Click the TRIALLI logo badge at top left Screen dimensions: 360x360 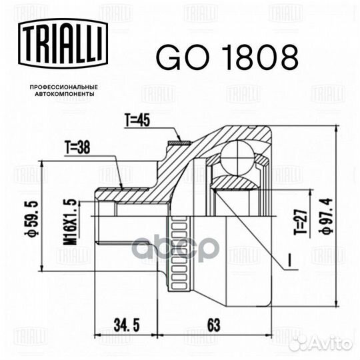63,43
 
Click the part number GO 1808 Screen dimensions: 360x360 227,57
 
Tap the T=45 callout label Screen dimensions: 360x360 137,120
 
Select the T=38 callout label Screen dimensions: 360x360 77,147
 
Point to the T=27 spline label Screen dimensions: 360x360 301,222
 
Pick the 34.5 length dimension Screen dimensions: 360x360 127,325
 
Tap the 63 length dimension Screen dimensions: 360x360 214,325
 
